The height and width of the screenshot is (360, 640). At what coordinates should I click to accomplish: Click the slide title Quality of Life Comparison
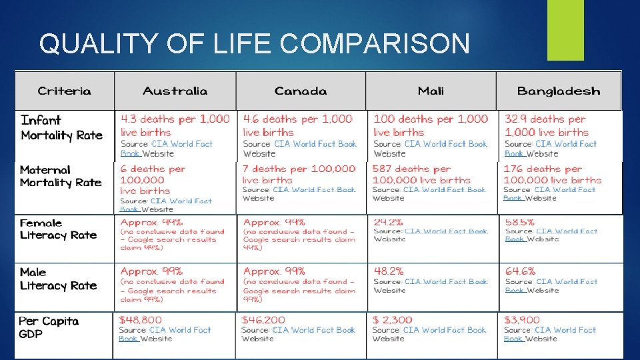tap(254, 44)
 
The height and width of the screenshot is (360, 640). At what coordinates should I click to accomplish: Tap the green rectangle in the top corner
tap(565, 30)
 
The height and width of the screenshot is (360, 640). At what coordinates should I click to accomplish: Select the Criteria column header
tap(65, 91)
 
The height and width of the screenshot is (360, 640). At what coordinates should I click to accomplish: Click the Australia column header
tap(175, 91)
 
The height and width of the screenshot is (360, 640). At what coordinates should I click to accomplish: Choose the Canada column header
tap(301, 91)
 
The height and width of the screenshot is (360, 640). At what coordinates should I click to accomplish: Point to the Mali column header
tap(431, 91)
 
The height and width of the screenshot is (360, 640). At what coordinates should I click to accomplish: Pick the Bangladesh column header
tap(559, 91)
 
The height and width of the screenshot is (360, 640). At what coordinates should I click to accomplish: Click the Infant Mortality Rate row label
tap(61, 127)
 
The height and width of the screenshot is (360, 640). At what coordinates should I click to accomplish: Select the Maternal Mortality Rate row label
tap(61, 176)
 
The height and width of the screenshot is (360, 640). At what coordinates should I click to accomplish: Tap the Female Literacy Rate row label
tap(58, 229)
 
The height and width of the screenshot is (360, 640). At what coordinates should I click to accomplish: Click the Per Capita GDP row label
tap(49, 327)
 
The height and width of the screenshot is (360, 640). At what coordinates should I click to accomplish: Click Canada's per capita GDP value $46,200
tap(263, 320)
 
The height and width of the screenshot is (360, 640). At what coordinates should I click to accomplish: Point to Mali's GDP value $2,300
tap(393, 320)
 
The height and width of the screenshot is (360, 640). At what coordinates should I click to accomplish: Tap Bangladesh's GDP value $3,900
tap(522, 320)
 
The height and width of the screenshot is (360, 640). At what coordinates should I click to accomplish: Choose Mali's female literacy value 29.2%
tap(389, 221)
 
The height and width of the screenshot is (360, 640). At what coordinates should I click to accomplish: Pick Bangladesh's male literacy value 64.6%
tap(520, 271)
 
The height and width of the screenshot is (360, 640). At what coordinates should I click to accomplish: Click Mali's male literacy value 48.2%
tap(389, 271)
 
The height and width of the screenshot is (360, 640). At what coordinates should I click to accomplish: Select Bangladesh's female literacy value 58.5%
tap(520, 221)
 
